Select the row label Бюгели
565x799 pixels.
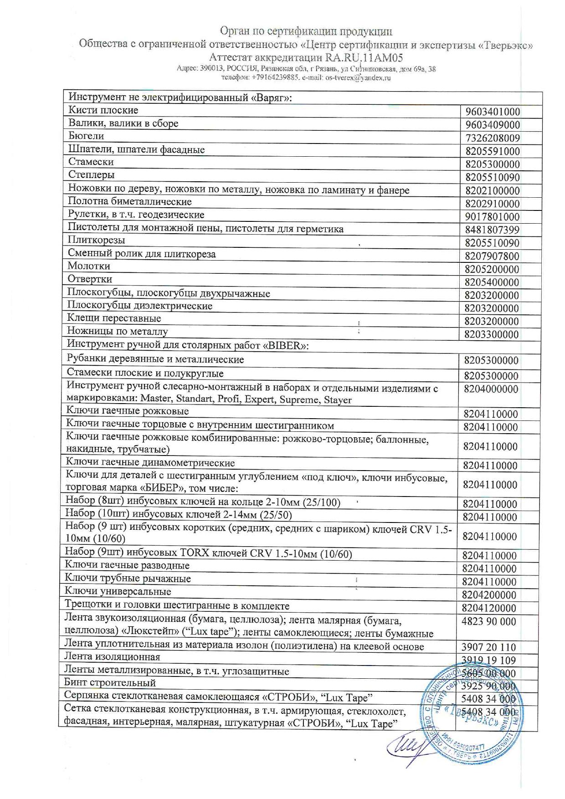click(x=86, y=136)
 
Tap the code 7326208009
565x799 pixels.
click(x=493, y=138)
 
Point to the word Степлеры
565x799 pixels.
click(x=91, y=175)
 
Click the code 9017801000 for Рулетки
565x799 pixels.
click(x=493, y=217)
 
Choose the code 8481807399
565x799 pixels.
click(x=493, y=230)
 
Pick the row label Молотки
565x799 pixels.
click(x=89, y=266)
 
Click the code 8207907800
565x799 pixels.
click(x=493, y=256)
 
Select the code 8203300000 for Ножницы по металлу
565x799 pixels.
click(x=492, y=335)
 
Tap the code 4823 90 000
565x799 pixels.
click(x=489, y=622)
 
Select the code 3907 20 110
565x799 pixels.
click(x=488, y=647)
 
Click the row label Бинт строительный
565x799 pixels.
click(x=110, y=683)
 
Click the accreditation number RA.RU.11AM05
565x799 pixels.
click(x=364, y=58)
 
